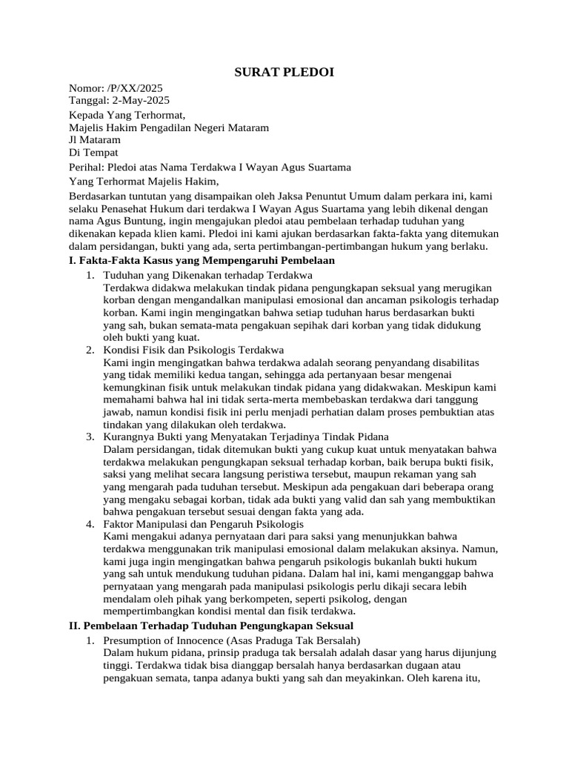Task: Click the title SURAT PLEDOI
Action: (x=284, y=72)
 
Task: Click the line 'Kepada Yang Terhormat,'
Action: (x=126, y=115)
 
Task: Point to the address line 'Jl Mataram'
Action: (x=94, y=139)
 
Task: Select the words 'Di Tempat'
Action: (x=93, y=152)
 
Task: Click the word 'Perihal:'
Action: (x=87, y=167)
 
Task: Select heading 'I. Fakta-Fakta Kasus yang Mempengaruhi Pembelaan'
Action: (x=202, y=260)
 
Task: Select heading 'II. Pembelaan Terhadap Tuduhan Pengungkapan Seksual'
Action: (x=211, y=626)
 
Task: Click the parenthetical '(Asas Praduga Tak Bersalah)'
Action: (x=293, y=640)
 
